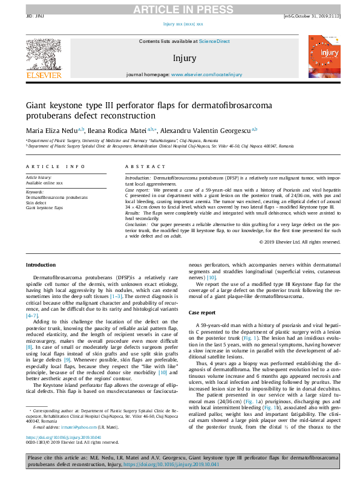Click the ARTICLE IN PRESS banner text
(180, 8)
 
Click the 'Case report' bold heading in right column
(202, 313)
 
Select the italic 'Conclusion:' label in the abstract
(139, 223)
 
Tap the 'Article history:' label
(38, 178)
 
